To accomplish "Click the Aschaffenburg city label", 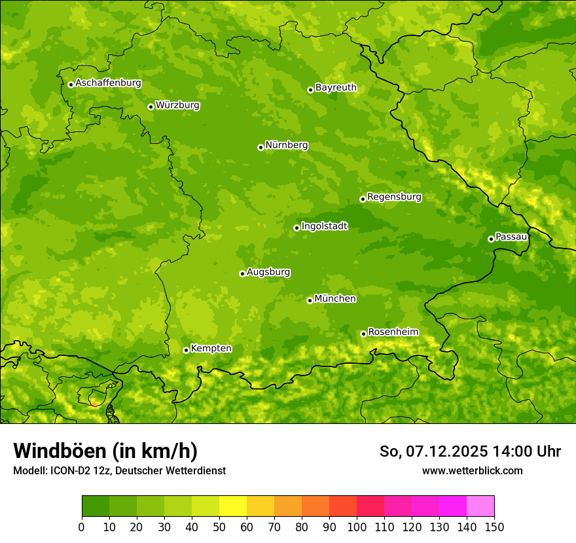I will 108,83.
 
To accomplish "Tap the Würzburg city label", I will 177,105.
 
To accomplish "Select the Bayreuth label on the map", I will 336,88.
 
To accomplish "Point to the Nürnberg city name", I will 286,145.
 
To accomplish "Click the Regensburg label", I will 394,197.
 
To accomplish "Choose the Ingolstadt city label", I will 324,226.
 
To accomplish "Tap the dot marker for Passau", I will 491,239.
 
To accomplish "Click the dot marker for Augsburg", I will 242,273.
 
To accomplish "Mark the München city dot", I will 310,300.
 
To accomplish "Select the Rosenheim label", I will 393,332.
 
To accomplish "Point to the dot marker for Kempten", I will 186,350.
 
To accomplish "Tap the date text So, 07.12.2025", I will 433,451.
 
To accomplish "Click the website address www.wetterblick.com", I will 472,470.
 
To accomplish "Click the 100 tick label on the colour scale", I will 357,527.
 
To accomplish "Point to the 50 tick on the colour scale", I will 219,527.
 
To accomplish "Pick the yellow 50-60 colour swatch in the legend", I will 233,506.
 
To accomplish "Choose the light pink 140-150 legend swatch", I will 480,506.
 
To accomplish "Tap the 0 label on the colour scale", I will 82,527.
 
